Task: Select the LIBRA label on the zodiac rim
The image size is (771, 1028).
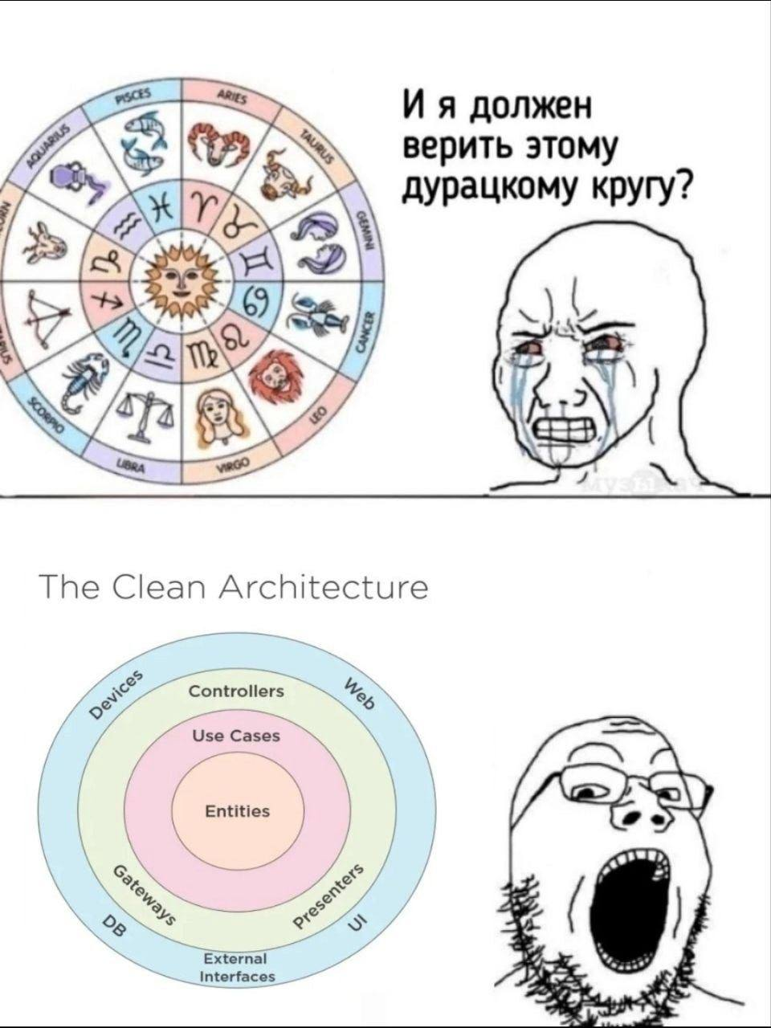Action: click(128, 463)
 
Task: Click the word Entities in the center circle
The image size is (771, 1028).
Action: click(238, 811)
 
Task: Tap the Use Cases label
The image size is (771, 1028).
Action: click(236, 736)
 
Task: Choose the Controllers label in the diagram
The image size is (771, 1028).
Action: click(236, 691)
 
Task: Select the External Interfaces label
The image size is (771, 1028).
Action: click(236, 968)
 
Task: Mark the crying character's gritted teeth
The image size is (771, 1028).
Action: click(567, 428)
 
